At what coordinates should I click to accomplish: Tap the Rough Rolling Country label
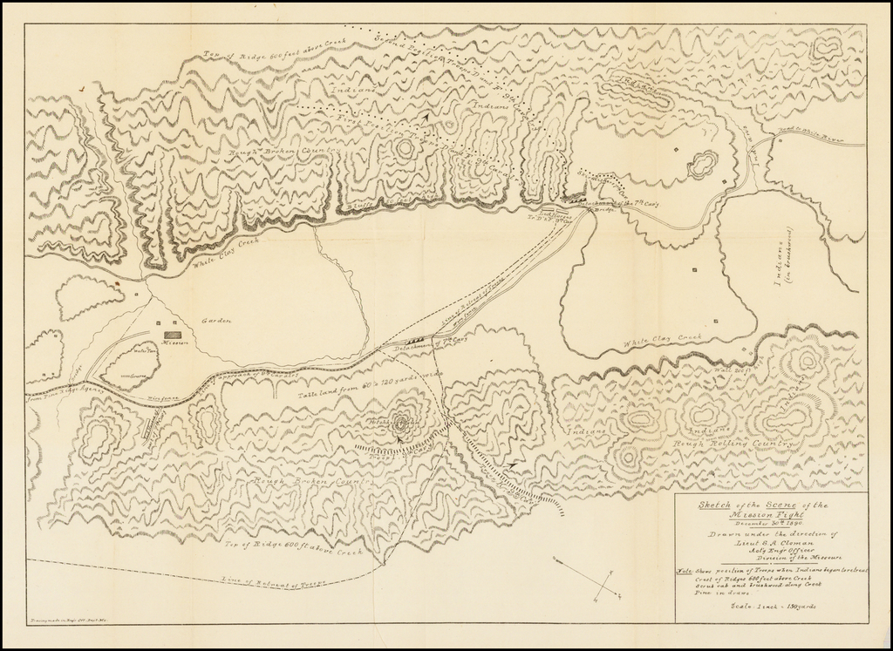[x=733, y=443]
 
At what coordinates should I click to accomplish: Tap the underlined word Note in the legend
[x=685, y=572]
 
